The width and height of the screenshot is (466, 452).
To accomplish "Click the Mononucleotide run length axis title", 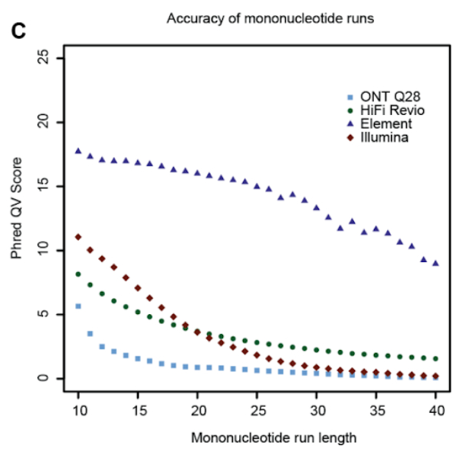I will (x=258, y=437).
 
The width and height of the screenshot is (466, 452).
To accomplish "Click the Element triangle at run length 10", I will (x=78, y=151).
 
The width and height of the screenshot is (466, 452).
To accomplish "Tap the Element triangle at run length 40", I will (x=435, y=263).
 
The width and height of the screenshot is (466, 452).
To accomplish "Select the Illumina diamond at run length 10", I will (x=78, y=237).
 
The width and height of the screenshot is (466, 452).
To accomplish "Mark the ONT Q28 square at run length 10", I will (x=78, y=306).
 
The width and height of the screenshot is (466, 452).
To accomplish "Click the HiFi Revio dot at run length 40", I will (x=435, y=359).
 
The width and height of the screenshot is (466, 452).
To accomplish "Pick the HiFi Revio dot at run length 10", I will (x=78, y=274).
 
